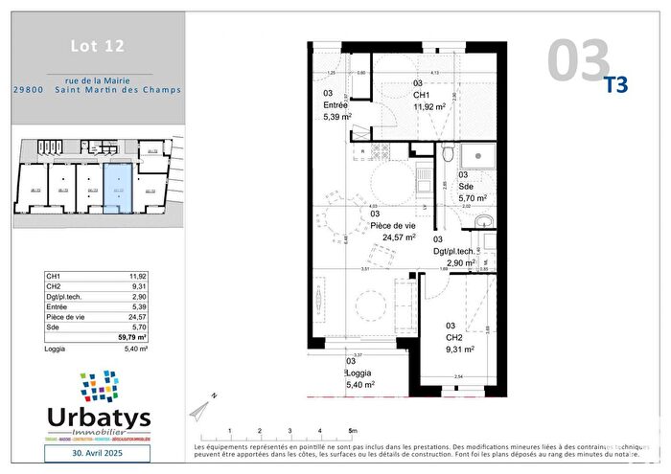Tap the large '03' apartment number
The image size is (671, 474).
click(x=578, y=60)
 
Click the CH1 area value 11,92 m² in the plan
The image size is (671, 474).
click(x=429, y=107)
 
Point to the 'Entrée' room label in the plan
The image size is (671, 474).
click(x=335, y=105)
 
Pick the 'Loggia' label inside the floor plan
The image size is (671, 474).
click(x=359, y=372)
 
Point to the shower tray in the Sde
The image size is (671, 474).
click(x=477, y=156)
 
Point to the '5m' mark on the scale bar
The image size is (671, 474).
click(x=352, y=431)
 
